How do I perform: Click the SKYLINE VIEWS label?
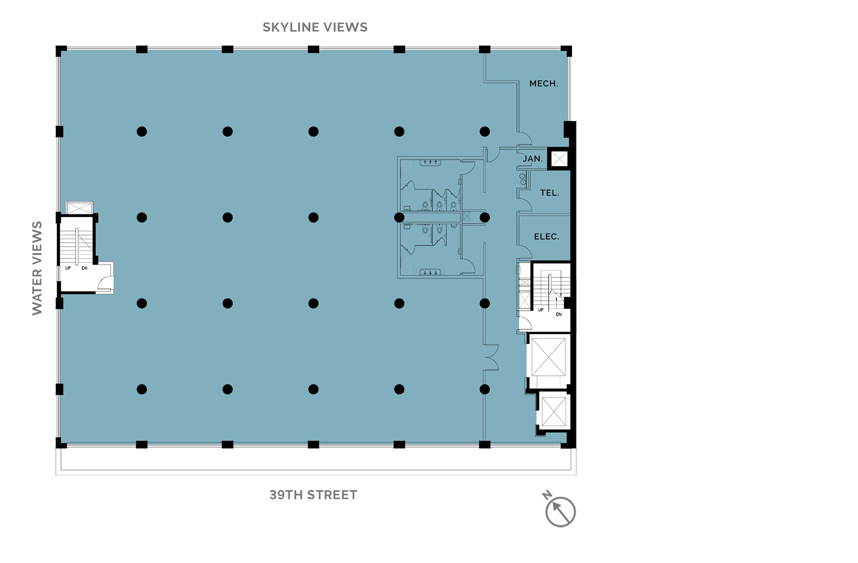(x=315, y=27)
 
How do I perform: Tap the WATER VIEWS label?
(x=37, y=268)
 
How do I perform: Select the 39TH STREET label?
(x=313, y=495)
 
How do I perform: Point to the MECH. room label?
(x=543, y=84)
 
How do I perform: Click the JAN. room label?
(x=533, y=159)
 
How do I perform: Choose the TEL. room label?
(x=550, y=193)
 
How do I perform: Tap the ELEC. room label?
(x=547, y=236)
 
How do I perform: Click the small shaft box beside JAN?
(x=559, y=159)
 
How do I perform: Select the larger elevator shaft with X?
(x=548, y=357)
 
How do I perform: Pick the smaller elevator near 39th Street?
(x=554, y=411)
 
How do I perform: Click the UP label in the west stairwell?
(x=68, y=268)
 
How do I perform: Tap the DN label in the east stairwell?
(x=559, y=315)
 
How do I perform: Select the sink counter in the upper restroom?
(x=430, y=162)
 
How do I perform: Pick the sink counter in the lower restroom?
(x=430, y=272)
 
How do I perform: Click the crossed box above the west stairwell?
(x=80, y=208)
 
